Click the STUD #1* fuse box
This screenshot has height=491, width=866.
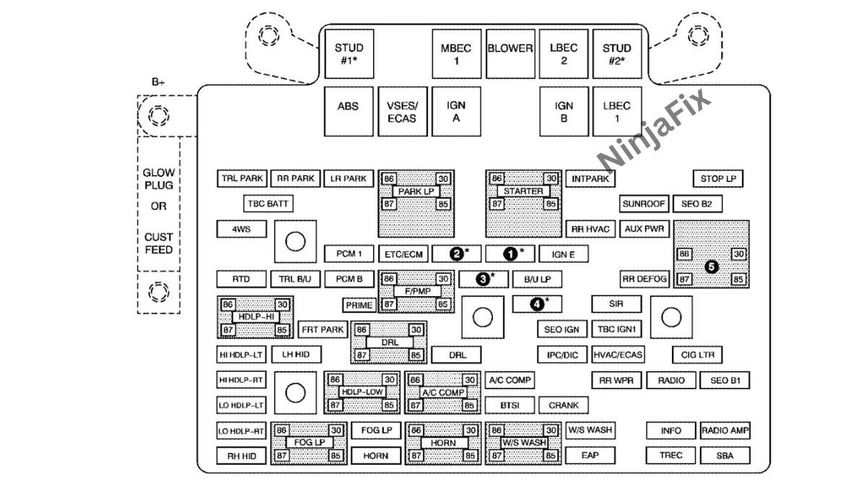(349, 54)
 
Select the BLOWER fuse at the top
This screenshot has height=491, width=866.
(509, 49)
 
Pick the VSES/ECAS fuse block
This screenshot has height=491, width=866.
(402, 112)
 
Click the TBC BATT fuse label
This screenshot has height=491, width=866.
(268, 204)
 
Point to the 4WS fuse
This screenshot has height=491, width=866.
(241, 230)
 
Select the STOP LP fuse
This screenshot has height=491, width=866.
(718, 178)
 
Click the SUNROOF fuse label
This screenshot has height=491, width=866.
(644, 204)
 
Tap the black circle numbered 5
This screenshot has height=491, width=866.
(711, 266)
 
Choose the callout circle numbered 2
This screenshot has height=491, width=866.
(456, 253)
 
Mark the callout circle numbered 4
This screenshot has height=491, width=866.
(537, 304)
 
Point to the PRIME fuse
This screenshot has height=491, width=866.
(359, 305)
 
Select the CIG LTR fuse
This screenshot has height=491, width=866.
(697, 355)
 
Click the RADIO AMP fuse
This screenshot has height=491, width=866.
(725, 431)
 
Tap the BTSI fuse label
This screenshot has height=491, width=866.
(509, 405)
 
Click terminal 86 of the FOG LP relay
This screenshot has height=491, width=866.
(281, 430)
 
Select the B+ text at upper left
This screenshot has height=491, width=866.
(159, 82)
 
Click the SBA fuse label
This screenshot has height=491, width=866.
(725, 456)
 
